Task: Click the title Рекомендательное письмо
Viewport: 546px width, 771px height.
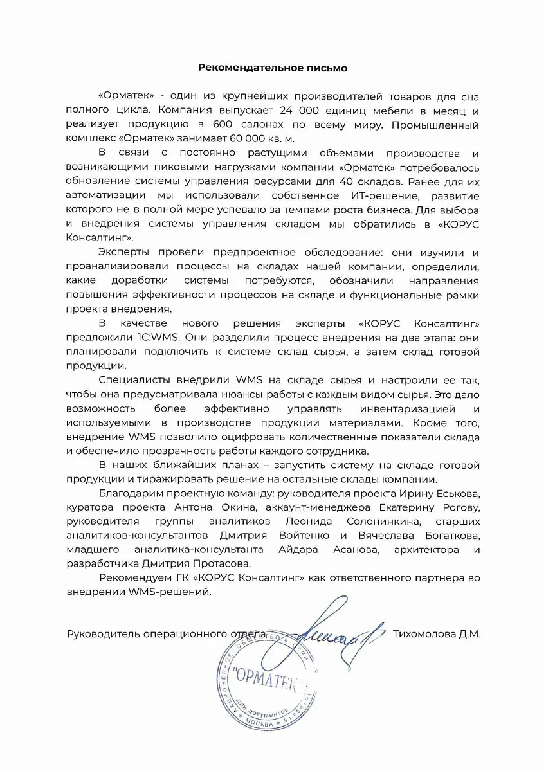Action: pos(273,67)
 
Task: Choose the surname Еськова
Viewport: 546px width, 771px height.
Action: pos(459,493)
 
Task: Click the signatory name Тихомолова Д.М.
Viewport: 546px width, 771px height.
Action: pos(436,633)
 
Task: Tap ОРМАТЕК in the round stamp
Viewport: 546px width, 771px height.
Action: pos(266,676)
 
